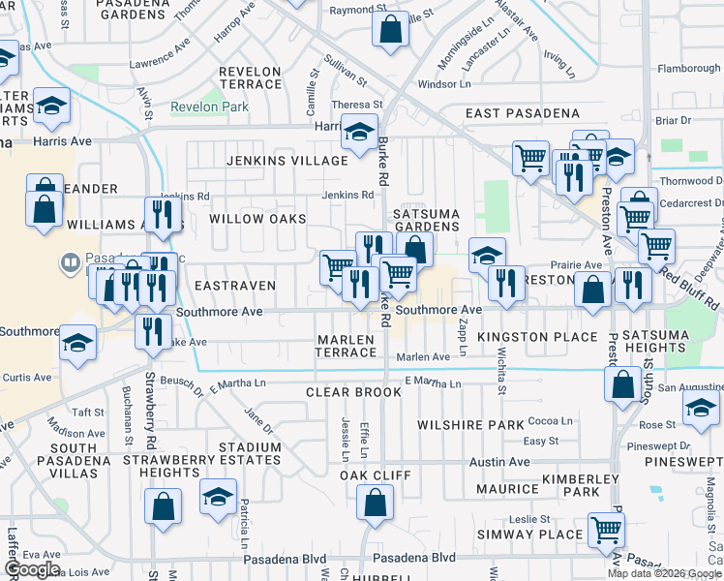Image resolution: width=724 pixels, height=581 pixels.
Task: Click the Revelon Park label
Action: [x=209, y=107]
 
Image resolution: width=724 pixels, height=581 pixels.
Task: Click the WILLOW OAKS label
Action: [x=257, y=219]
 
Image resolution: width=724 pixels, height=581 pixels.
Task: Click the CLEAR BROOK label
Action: [x=353, y=392]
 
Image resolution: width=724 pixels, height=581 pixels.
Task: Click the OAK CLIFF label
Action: [x=375, y=475]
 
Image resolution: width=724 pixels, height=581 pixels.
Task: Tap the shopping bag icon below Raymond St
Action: [x=390, y=29]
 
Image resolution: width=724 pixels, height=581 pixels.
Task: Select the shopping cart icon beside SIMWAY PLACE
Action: [x=607, y=530]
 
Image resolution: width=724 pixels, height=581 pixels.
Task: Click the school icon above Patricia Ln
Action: [x=219, y=496]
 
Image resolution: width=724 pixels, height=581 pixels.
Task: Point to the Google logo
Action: [x=31, y=569]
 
